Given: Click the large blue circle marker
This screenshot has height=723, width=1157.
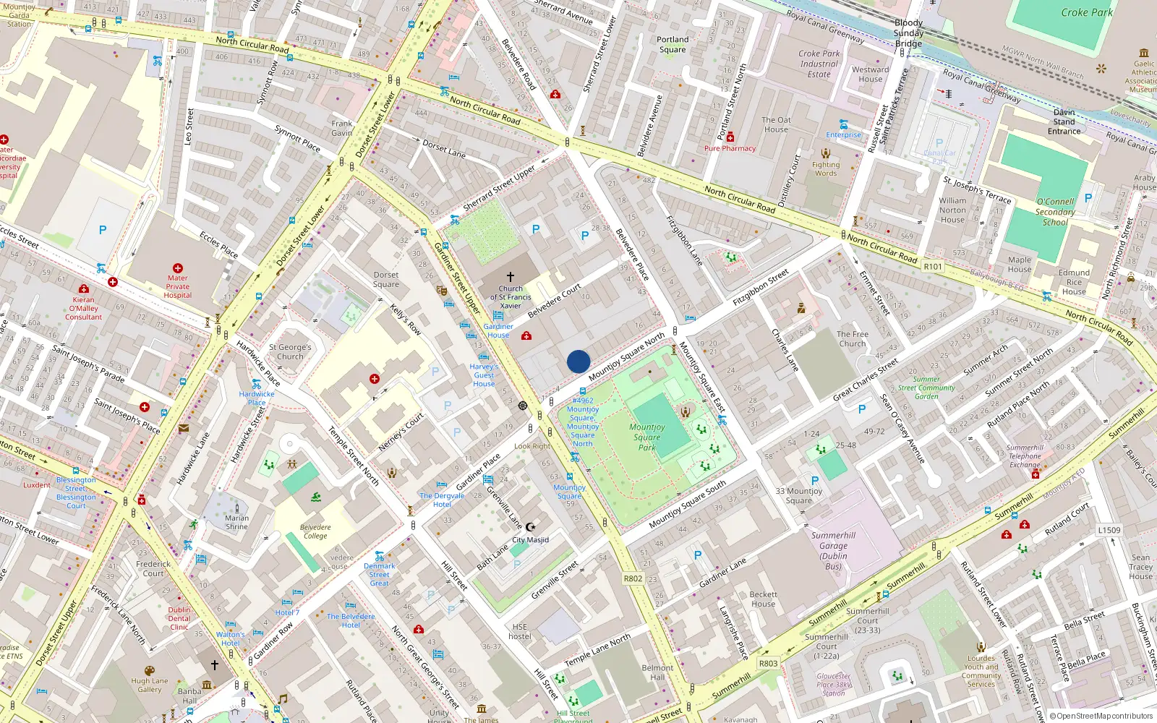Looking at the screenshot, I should coord(578,361).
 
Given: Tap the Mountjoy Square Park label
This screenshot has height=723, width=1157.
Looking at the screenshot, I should coord(647,437).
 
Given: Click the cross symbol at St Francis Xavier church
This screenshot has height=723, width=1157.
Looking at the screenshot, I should coord(511,277).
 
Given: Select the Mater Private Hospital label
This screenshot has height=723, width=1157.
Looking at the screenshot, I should coord(177,286).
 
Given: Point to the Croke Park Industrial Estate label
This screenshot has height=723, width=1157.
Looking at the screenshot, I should coord(819,64).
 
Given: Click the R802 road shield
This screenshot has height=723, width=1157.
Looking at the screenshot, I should coord(633,578).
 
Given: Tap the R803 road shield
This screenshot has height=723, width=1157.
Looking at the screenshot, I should coord(768,663).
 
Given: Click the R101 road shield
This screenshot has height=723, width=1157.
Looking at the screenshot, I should coord(933,267).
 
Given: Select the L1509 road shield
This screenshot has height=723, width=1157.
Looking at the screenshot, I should coord(1109,530).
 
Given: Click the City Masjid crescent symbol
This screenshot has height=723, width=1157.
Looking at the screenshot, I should coord(530,527).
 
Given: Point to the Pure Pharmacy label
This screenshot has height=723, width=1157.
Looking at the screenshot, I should coord(730,148).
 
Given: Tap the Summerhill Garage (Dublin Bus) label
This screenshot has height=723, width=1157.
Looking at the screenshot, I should coord(833,551).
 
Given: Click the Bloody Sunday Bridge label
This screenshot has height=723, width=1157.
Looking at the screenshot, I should coord(908,33).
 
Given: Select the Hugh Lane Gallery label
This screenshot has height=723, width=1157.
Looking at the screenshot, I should coord(150,685).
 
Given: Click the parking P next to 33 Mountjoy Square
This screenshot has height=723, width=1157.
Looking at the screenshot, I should coord(815,481).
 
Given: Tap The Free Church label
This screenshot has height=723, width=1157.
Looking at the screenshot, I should coord(853,339).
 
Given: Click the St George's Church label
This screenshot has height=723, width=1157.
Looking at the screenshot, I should coord(290,351).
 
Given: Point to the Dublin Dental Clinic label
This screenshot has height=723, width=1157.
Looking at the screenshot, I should coord(179,618).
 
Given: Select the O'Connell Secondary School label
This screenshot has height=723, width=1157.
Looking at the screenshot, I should coord(1054,212).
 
